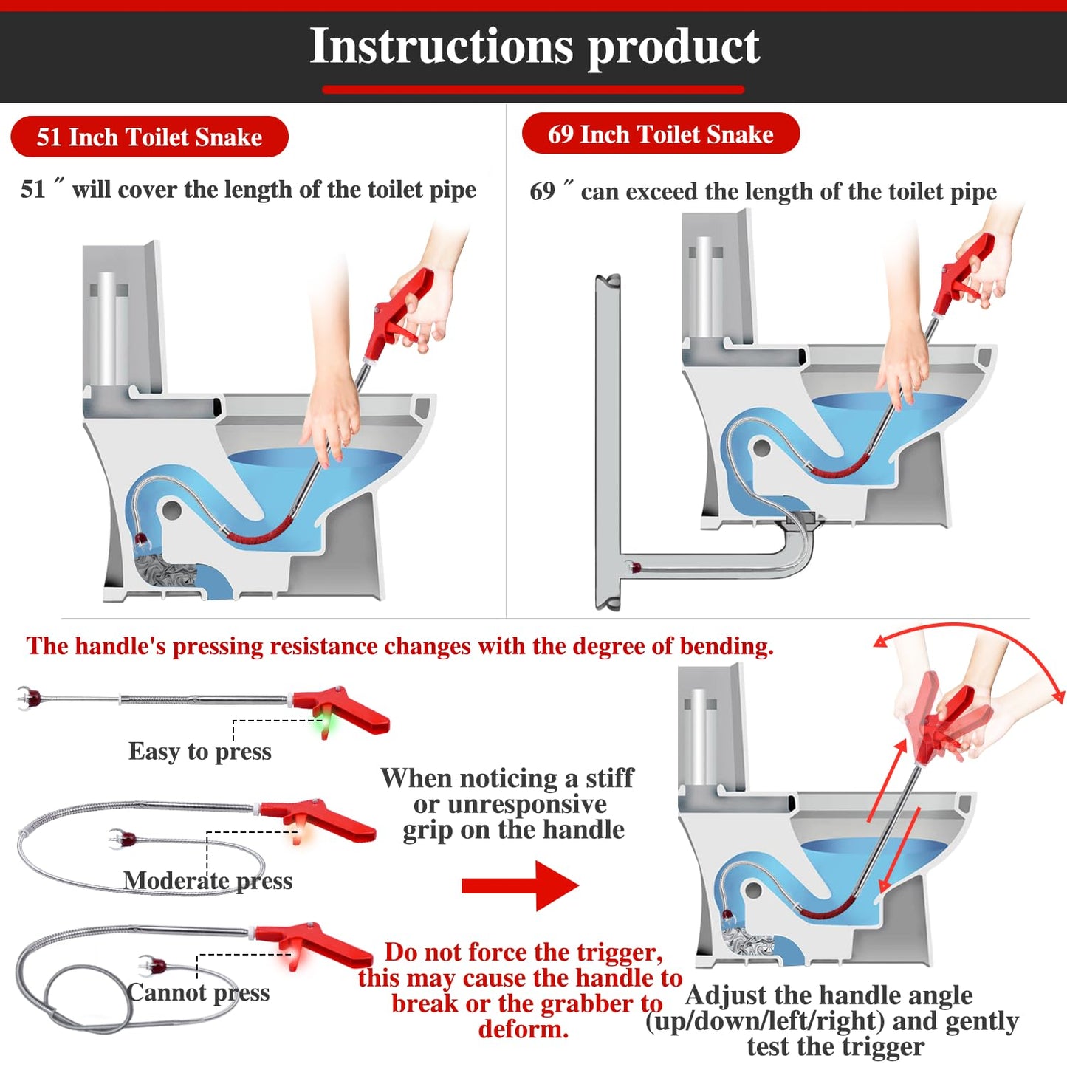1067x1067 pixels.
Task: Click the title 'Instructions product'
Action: [x=534, y=47]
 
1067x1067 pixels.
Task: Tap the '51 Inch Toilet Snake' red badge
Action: [x=149, y=137]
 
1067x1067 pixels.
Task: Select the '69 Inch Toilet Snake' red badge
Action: [x=660, y=134]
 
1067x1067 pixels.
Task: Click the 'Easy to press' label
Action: [x=199, y=752]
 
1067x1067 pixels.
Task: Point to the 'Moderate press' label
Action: [x=207, y=881]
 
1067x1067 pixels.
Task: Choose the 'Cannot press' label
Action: [x=198, y=992]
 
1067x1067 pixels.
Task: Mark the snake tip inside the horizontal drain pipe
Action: [x=632, y=567]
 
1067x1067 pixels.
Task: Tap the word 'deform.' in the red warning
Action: [x=524, y=1029]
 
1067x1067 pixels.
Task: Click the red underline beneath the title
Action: [x=533, y=90]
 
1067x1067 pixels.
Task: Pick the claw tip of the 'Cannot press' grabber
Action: [x=151, y=964]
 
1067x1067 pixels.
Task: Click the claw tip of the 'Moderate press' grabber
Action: [x=121, y=839]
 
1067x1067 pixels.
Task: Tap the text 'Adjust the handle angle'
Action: [x=828, y=995]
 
